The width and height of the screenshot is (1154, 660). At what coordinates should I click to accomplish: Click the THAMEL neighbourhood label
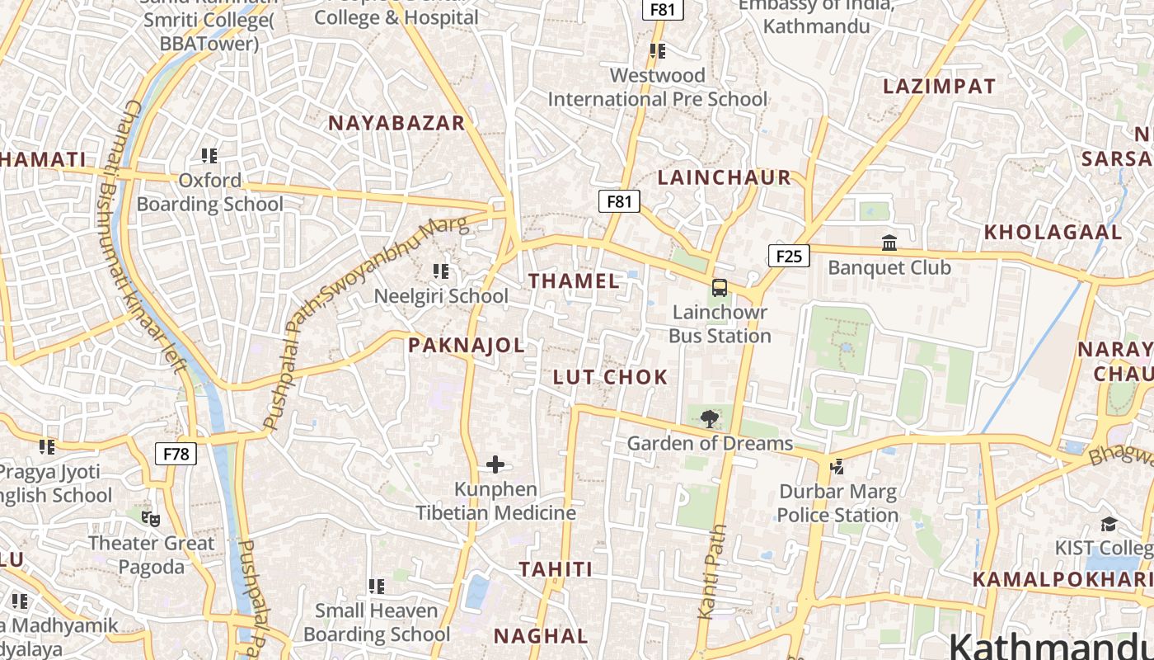[x=574, y=281]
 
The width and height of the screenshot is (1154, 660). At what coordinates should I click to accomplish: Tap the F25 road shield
[x=788, y=256]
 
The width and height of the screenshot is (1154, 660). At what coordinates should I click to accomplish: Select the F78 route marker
[x=176, y=454]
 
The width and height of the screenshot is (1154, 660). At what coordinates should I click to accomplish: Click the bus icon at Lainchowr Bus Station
[x=720, y=288]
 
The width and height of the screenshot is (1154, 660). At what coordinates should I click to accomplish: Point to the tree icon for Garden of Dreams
[x=708, y=419]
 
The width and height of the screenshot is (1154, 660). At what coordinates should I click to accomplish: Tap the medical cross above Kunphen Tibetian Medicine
[x=495, y=465]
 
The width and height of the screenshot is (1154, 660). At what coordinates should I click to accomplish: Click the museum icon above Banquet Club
[x=889, y=243]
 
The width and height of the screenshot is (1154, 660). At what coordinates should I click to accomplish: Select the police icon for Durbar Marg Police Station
[x=837, y=467]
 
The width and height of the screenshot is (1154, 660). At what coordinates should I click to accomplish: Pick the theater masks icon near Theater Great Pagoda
[x=150, y=519]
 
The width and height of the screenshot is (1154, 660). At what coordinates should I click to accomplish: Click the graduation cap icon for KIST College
[x=1109, y=525]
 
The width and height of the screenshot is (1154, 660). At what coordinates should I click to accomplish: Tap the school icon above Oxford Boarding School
[x=209, y=156]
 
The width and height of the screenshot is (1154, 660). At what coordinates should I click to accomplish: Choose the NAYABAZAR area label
[x=396, y=123]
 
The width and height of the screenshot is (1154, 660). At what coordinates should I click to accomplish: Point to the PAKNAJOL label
[x=467, y=346]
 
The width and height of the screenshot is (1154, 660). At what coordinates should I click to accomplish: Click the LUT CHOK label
[x=610, y=377]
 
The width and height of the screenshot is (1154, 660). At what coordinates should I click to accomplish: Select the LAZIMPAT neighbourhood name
[x=939, y=87]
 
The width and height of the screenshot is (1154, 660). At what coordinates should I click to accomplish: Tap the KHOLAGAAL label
[x=1053, y=233]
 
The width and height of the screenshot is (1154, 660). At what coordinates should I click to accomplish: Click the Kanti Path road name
[x=713, y=571]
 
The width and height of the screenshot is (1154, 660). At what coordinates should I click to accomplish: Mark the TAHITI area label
[x=556, y=569]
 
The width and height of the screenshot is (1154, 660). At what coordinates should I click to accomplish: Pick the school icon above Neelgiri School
[x=441, y=271]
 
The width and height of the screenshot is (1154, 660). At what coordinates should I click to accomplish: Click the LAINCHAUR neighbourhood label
[x=724, y=177]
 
